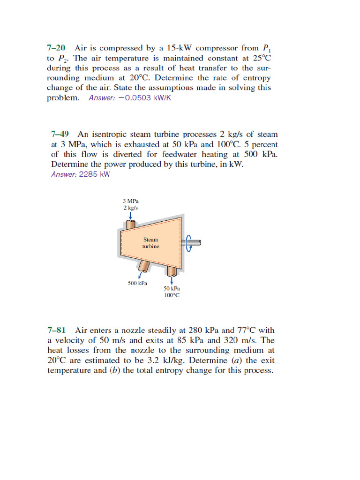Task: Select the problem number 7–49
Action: [x=60, y=134]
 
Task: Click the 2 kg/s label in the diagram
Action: [x=131, y=207]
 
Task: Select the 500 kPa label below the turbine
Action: [x=137, y=283]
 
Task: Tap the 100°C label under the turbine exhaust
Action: [x=172, y=295]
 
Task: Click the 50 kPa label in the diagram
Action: [x=172, y=289]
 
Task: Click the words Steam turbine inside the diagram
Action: [x=151, y=243]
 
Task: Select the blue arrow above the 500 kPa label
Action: [x=139, y=275]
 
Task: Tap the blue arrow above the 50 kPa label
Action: [x=172, y=280]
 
